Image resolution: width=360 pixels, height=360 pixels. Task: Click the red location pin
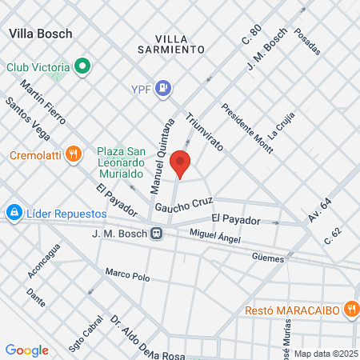pyautogui.click(x=181, y=162)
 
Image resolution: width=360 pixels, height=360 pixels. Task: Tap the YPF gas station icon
pyautogui.click(x=163, y=88)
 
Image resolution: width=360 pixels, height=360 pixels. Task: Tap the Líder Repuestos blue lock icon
pyautogui.click(x=13, y=213)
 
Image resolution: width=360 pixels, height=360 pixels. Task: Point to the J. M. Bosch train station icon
pyautogui.click(x=158, y=234)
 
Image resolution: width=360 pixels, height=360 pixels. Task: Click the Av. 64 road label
pyautogui.click(x=321, y=211)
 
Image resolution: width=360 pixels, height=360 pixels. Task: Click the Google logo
pyautogui.click(x=26, y=350)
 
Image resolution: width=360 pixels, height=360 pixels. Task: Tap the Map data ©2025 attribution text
pyautogui.click(x=325, y=354)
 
